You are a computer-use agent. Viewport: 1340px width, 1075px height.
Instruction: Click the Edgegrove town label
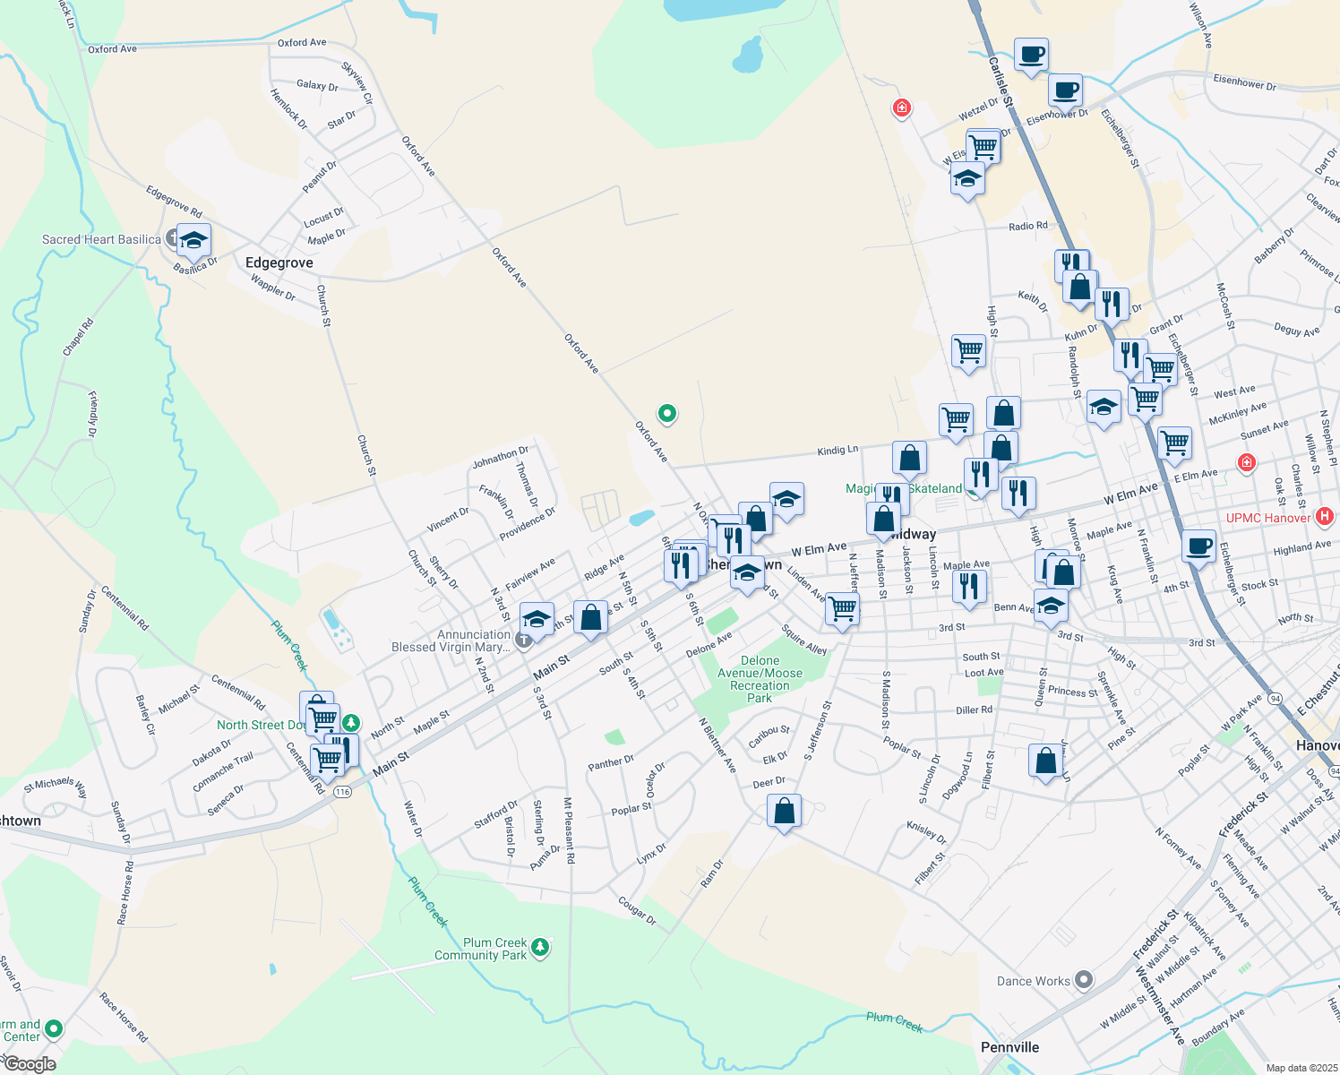(279, 262)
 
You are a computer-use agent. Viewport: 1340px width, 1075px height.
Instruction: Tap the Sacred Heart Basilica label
(101, 239)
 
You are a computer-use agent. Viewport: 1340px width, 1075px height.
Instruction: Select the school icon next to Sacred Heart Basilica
(193, 241)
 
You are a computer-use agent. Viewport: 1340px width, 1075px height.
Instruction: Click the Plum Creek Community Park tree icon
(539, 947)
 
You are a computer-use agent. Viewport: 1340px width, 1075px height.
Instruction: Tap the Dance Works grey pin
(1084, 980)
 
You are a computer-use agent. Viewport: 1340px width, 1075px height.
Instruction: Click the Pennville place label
(1009, 1047)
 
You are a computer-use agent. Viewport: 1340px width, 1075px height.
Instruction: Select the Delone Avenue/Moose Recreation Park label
(760, 679)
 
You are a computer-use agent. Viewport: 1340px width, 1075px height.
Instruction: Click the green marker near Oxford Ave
(666, 413)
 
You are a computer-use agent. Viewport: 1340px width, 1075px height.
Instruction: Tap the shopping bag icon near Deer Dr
(784, 812)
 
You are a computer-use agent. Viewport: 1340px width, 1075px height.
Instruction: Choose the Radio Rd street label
(1027, 227)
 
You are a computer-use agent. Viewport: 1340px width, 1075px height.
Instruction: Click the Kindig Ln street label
(837, 450)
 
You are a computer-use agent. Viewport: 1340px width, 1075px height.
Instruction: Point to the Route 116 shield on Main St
(342, 792)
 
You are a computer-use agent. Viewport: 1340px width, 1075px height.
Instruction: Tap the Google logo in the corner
(29, 1064)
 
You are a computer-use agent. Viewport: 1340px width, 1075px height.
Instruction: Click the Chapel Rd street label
(78, 337)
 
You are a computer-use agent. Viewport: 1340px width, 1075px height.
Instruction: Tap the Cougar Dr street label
(637, 910)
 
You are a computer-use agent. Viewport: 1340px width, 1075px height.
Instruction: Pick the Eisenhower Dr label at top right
(1244, 82)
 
